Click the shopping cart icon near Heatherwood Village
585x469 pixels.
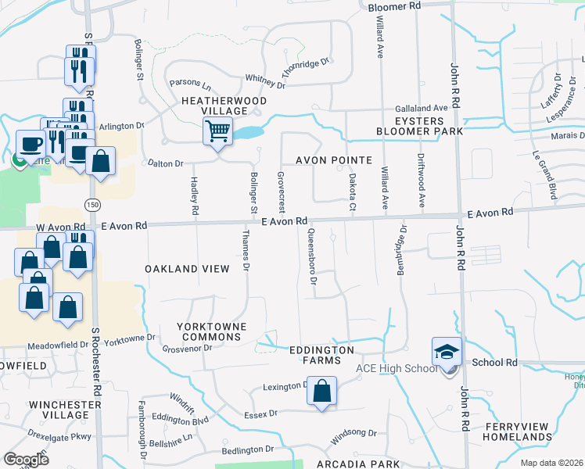click(218, 131)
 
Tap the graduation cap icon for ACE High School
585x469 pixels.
click(447, 352)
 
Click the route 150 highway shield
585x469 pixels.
click(93, 204)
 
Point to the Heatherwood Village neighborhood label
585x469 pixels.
click(224, 106)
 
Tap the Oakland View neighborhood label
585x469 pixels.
click(188, 269)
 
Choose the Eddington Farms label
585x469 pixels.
click(321, 355)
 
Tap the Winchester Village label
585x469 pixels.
click(70, 410)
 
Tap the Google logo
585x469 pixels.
click(27, 460)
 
